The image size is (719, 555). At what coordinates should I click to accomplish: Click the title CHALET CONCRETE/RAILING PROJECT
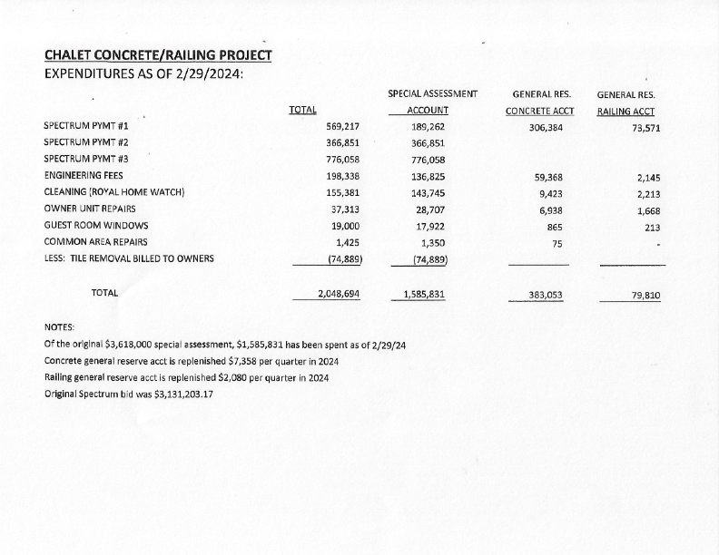[157, 55]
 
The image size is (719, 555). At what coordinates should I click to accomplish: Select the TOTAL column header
[301, 110]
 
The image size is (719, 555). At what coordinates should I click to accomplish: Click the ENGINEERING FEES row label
[84, 175]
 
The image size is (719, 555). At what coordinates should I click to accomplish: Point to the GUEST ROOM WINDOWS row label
[95, 225]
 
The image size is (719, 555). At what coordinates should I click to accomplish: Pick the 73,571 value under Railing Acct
[645, 127]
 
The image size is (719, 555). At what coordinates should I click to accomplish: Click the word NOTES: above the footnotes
[60, 327]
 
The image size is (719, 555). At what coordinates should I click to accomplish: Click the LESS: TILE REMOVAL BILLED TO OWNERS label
[129, 258]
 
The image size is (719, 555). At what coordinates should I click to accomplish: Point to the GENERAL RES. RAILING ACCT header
[627, 102]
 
